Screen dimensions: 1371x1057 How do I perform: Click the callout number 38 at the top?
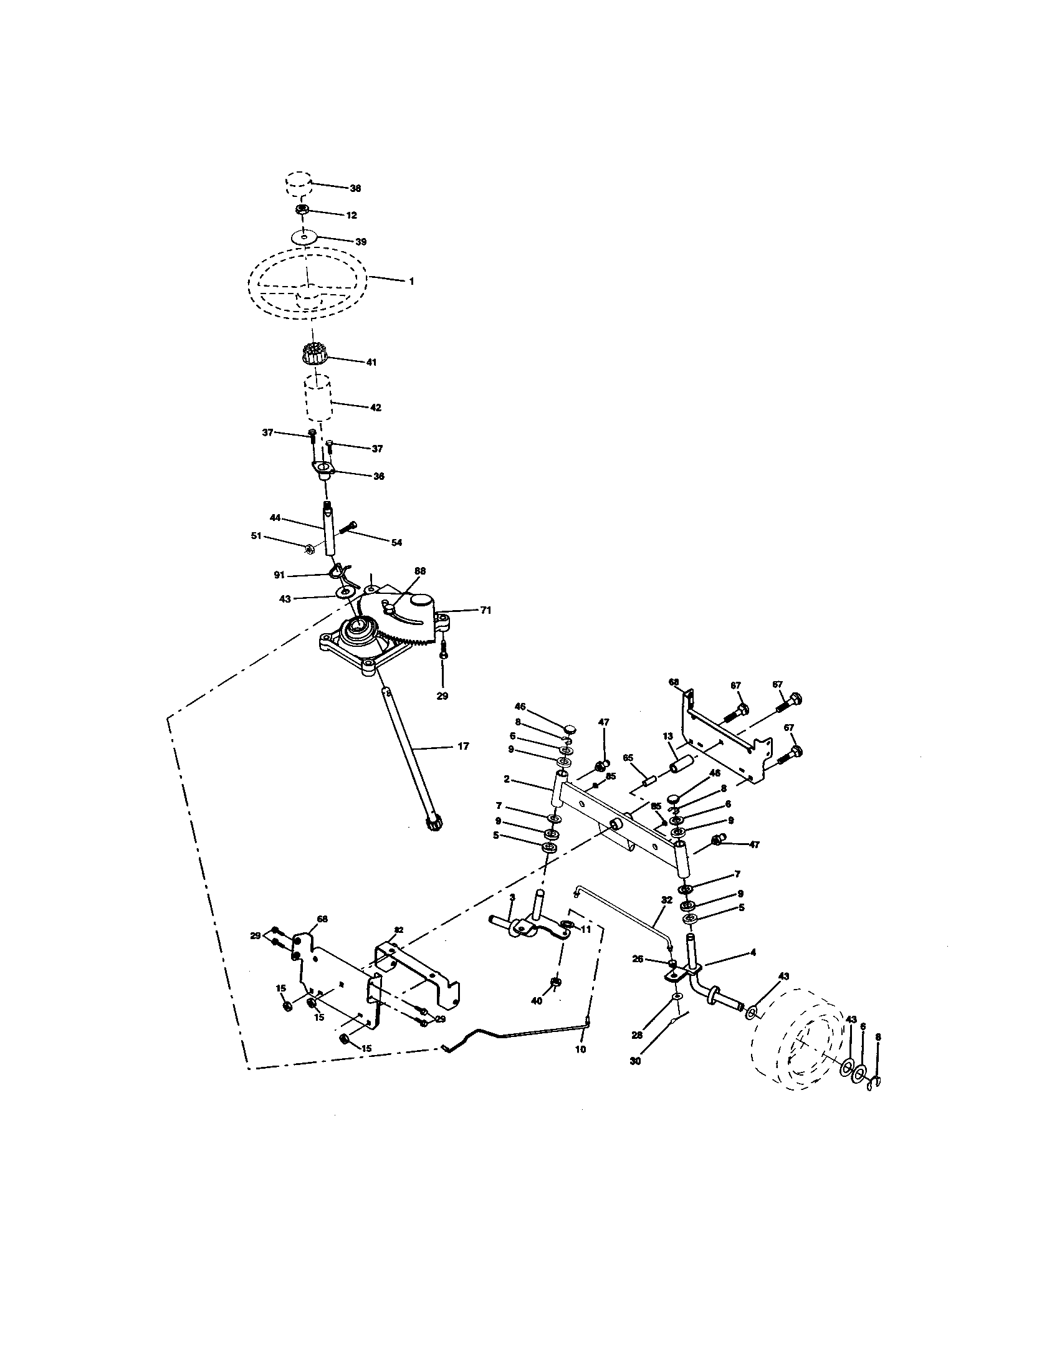coord(355,188)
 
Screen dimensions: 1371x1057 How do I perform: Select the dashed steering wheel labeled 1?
coord(307,282)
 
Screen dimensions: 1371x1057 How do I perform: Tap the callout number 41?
coord(371,362)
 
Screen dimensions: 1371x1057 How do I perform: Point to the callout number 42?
coord(375,408)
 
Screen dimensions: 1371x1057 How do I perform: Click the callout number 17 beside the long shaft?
coord(463,747)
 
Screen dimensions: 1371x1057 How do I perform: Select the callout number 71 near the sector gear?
coord(486,609)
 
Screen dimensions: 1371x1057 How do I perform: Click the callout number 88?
coord(420,571)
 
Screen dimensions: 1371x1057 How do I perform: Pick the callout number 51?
coord(256,535)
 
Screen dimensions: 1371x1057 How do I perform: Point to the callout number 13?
coord(667,735)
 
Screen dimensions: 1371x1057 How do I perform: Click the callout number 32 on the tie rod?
coord(666,917)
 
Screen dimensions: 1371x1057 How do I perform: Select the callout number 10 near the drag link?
coord(580,1049)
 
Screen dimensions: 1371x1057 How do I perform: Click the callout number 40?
coord(537,1001)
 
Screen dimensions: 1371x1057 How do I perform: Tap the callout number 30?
coord(635,1061)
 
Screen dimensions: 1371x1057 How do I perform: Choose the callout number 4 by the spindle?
coord(753,952)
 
